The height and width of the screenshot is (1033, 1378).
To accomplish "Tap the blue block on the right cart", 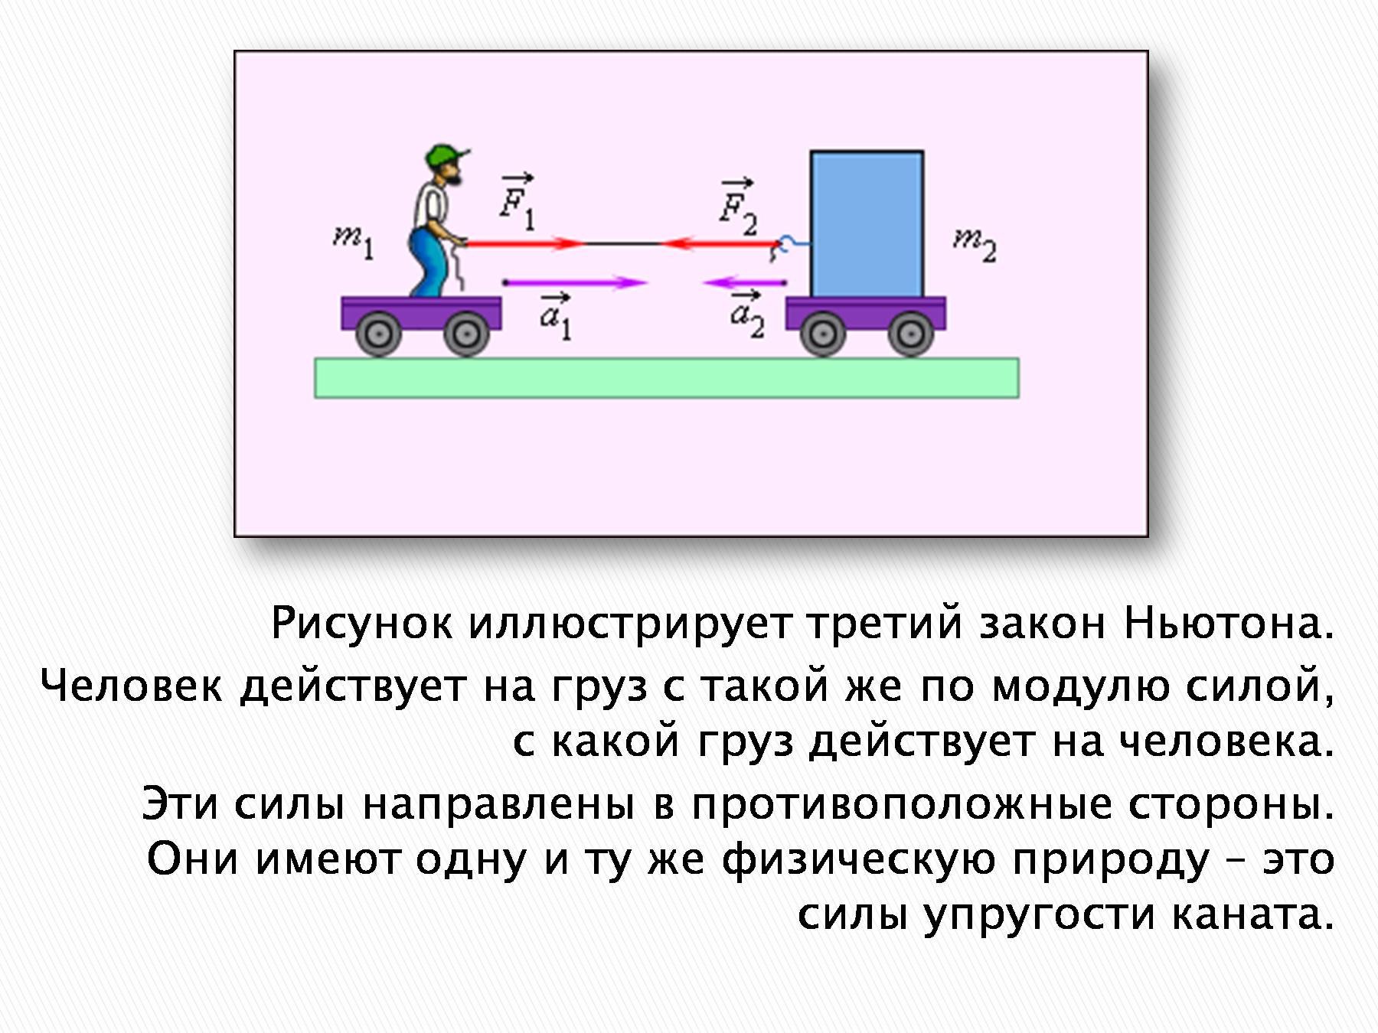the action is click(x=867, y=224).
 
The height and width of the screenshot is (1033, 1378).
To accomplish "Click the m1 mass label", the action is click(x=354, y=243).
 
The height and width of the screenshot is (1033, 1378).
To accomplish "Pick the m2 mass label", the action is click(x=975, y=245).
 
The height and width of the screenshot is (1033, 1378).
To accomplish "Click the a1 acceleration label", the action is click(x=555, y=315).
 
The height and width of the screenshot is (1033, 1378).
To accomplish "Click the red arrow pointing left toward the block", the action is click(x=720, y=243).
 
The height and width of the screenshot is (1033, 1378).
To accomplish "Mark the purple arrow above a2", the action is click(x=744, y=282).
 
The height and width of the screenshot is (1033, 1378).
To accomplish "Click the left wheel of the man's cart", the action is click(x=379, y=334).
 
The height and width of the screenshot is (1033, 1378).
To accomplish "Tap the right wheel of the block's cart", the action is click(x=909, y=334).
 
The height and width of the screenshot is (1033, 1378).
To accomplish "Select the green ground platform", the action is click(x=667, y=378).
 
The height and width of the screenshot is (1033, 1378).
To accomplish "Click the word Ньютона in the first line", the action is click(x=1229, y=624).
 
